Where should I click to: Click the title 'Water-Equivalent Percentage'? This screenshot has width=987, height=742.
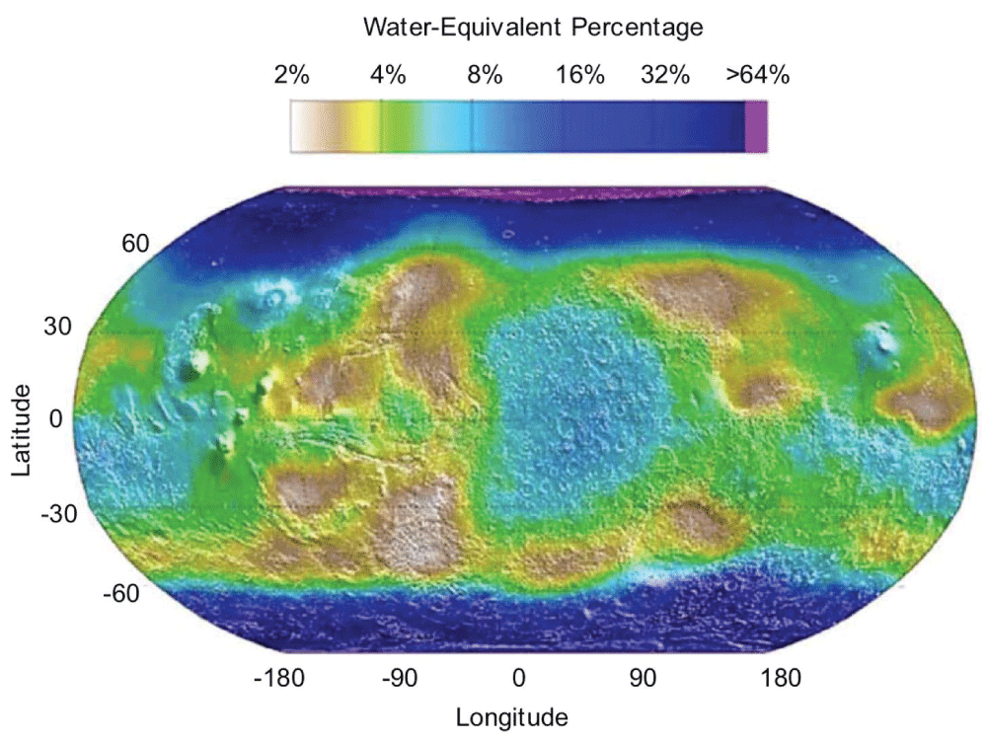(533, 28)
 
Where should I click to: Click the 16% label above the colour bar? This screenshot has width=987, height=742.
(580, 76)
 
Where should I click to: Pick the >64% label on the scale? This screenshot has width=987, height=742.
(758, 76)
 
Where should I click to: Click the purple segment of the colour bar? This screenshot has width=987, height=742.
(756, 128)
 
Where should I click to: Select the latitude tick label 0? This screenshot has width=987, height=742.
(54, 418)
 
